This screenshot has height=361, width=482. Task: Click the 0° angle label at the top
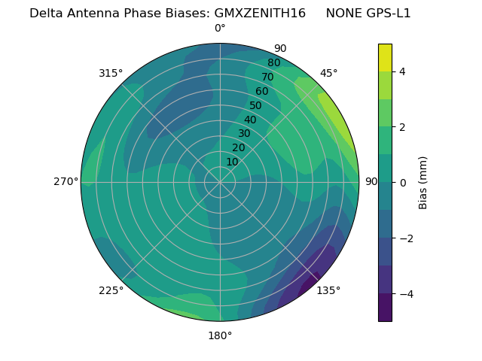[x=220, y=29]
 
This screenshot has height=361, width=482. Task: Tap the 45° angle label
[x=328, y=73]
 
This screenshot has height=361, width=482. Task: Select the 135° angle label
[x=328, y=290]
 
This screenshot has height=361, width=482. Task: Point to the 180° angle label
[x=220, y=335]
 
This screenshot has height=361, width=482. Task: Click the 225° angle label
[x=111, y=290]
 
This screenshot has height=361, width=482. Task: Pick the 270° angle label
[x=66, y=181]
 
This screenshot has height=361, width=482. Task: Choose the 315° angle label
[x=111, y=73]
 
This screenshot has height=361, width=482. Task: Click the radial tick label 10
[x=232, y=162]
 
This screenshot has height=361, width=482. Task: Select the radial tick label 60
[x=261, y=91]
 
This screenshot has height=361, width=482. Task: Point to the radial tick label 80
[x=273, y=62]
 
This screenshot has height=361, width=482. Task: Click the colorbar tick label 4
[x=403, y=71]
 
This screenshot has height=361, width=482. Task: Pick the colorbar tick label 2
[x=403, y=127]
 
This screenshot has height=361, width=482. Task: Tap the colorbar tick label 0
[x=403, y=183]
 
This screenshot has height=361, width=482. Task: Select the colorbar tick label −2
[x=406, y=238]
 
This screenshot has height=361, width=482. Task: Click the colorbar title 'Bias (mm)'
[x=423, y=183]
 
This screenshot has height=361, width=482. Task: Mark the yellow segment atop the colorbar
[x=385, y=58]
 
